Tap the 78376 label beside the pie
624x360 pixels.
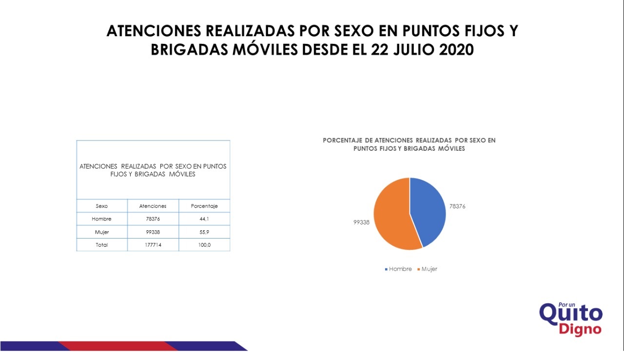coord(457,206)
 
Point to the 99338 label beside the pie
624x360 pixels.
coord(361,222)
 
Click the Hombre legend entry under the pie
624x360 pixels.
coord(398,269)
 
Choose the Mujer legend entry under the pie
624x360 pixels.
coord(427,269)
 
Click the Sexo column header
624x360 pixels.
coord(102,206)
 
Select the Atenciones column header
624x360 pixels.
coord(153,206)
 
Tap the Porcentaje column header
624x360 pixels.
coord(204,206)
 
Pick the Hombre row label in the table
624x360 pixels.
coord(101,219)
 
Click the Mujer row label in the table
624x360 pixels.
coord(102,232)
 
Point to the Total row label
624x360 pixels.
coord(102,245)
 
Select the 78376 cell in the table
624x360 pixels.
coord(153,219)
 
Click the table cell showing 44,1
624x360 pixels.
coord(204,219)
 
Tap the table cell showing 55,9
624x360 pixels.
coord(204,232)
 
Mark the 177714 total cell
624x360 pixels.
coord(153,245)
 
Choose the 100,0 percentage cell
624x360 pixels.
coord(204,245)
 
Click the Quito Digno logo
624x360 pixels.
coord(571,319)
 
